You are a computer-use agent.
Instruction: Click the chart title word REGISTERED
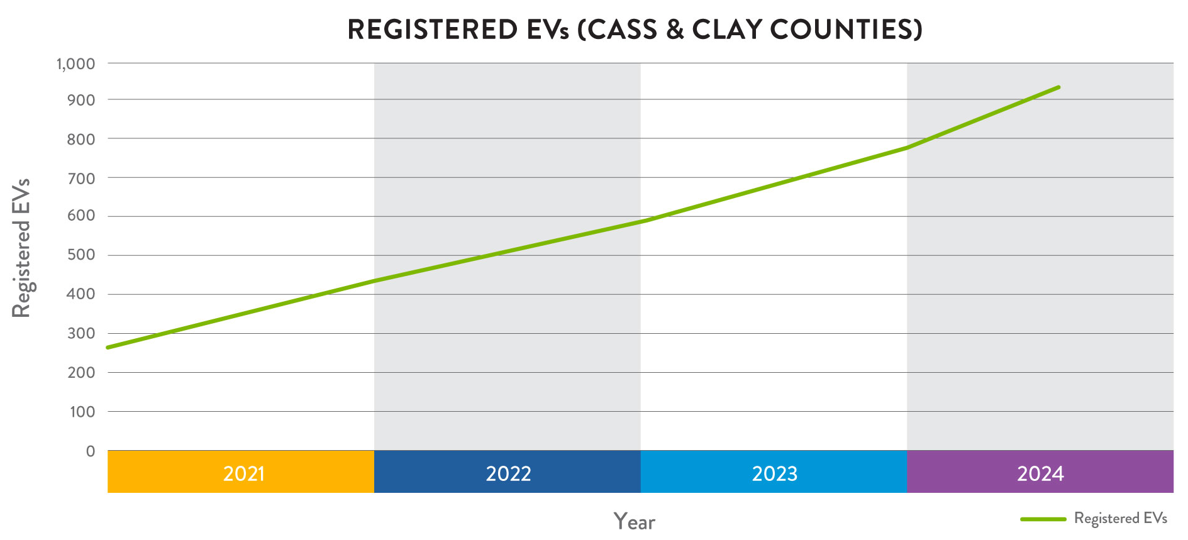click(x=432, y=30)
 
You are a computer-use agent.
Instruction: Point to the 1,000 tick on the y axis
click(x=75, y=63)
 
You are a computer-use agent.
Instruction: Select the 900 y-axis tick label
click(x=81, y=100)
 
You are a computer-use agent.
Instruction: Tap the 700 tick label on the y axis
click(x=81, y=178)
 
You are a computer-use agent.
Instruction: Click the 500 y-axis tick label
click(x=81, y=255)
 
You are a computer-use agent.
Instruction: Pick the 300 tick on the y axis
click(x=81, y=333)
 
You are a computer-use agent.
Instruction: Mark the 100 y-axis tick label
click(x=82, y=412)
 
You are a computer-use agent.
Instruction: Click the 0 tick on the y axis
click(x=91, y=451)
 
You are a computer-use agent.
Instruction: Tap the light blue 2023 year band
click(x=774, y=472)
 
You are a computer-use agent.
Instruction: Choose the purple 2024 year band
click(x=1040, y=472)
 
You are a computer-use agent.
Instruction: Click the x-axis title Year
click(x=634, y=522)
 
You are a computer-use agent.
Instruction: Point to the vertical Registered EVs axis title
click(x=21, y=248)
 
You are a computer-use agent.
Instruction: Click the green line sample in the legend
click(x=1043, y=519)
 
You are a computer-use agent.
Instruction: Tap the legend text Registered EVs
click(x=1120, y=519)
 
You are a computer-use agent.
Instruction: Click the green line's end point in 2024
click(x=1059, y=87)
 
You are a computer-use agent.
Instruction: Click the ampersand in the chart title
click(x=674, y=30)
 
